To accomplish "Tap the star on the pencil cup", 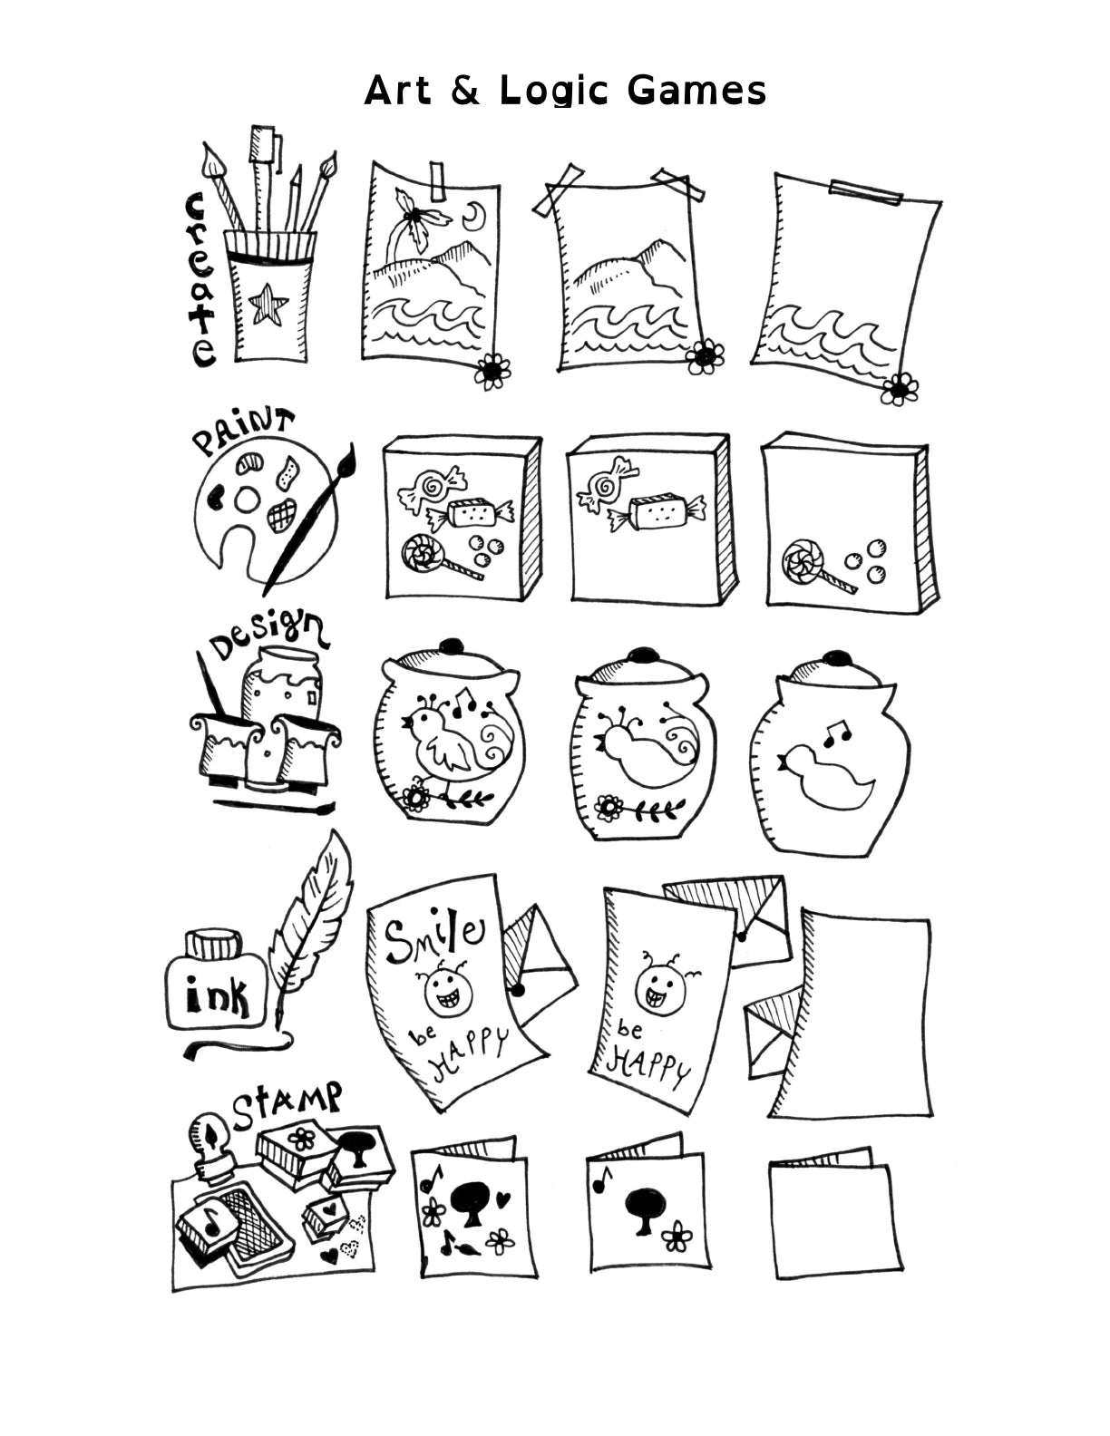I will point(268,304).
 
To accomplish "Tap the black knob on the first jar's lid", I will point(451,647).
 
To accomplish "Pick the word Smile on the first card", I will point(432,937).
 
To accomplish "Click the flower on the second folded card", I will point(676,1234).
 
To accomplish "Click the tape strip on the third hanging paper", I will point(865,191).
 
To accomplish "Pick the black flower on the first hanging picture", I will point(492,370).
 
